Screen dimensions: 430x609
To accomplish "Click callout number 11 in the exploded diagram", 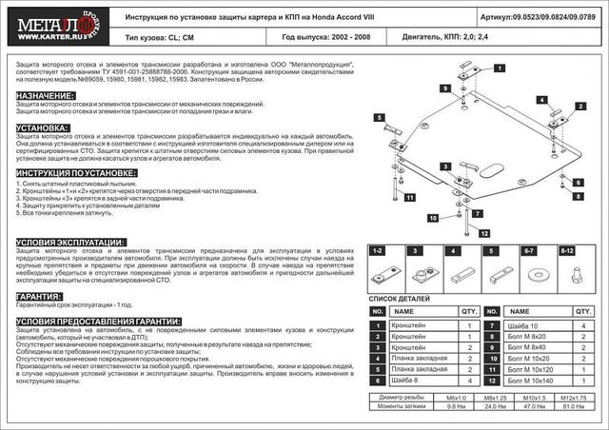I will (x=409, y=198).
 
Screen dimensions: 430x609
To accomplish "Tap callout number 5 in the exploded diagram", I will (x=379, y=118).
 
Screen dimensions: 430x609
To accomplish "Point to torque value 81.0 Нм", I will (x=574, y=406).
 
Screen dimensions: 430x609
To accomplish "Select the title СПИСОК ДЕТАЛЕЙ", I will (x=401, y=299).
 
